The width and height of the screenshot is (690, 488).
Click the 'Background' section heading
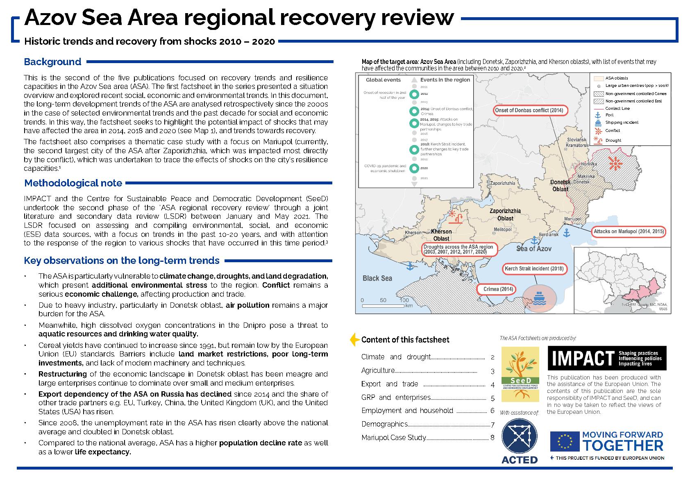coord(52,62)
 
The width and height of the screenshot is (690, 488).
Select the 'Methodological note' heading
coord(73,183)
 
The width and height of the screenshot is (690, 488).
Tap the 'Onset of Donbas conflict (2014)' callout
coord(529,110)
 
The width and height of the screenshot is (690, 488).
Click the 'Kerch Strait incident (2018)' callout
coord(533,269)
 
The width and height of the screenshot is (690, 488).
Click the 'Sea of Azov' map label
coord(533,248)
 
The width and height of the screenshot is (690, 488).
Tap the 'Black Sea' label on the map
coord(377,278)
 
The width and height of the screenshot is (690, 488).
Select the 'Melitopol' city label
coord(503,229)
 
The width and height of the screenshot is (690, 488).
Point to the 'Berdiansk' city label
coord(548,234)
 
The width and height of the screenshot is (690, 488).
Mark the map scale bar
coord(383,306)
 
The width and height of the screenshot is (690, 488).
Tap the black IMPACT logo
coord(606,358)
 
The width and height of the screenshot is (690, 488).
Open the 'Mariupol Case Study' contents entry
coord(393,438)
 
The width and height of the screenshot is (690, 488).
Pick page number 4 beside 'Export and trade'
coord(493,385)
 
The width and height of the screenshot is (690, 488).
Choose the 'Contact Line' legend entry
coord(617,109)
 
